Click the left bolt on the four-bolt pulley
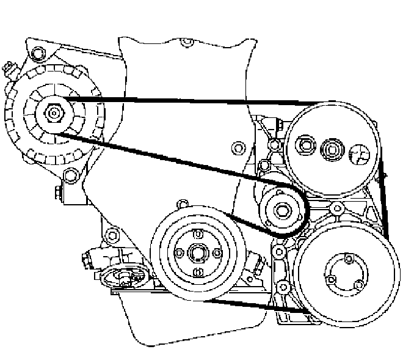click(178, 252)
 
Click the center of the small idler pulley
click(281, 211)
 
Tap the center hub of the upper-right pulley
click(333, 147)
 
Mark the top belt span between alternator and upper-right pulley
click(183, 100)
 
